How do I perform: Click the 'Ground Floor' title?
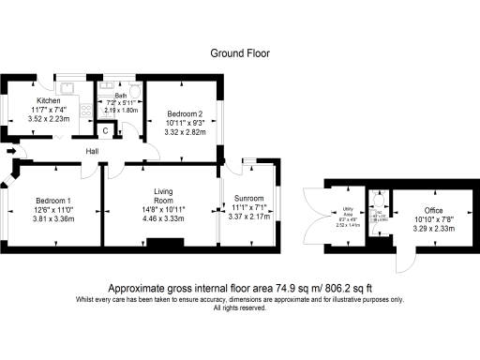(x=239, y=53)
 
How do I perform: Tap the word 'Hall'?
(x=93, y=151)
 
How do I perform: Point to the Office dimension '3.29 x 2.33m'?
(x=433, y=228)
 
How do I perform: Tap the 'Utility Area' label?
(x=349, y=213)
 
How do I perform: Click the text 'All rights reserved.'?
(x=239, y=308)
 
